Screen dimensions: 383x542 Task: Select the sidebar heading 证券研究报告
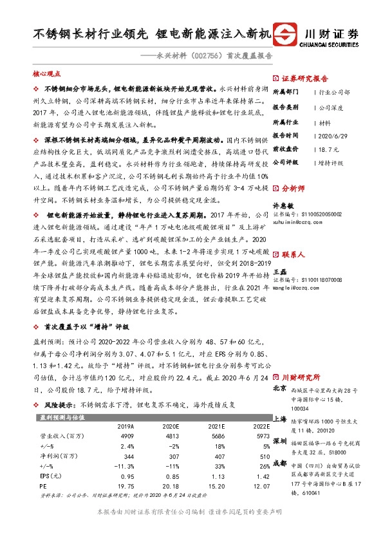305,76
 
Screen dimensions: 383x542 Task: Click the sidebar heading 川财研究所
301,377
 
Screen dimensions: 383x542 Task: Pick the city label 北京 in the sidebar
279,388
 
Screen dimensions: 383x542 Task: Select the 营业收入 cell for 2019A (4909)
126,436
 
